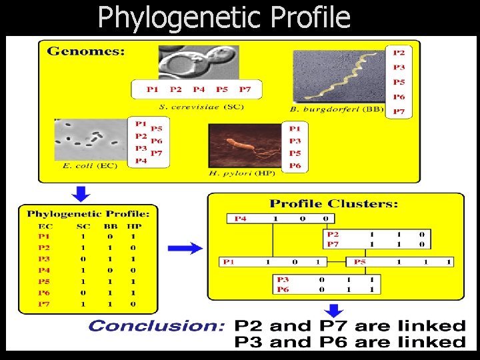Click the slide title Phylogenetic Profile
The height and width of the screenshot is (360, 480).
coord(223,17)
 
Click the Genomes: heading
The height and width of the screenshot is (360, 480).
coord(85,52)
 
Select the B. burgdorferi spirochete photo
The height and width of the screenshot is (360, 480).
coord(338,79)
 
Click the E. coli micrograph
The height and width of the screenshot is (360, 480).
coord(90,139)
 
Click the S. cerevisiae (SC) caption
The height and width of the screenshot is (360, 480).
coord(201,107)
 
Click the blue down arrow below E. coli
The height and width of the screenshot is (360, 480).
coord(81,193)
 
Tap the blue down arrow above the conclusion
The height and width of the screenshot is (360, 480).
coord(333,309)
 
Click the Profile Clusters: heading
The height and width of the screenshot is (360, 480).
coord(334,203)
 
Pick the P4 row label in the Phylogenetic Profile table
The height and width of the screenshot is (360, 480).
coord(43,270)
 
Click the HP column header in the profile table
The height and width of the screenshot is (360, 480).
coord(133,226)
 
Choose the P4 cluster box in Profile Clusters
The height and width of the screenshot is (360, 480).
coord(280,219)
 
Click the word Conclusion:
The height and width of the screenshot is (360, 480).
coord(157,326)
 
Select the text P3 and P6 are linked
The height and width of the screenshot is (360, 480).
coord(349,342)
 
